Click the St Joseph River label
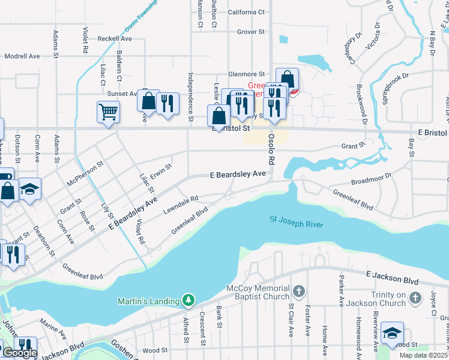pos(296,222)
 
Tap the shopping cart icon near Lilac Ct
pos(108,112)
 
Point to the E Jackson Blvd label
pos(391,276)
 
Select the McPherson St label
pos(86,170)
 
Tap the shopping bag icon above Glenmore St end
pos(288,79)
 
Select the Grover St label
pos(251,32)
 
